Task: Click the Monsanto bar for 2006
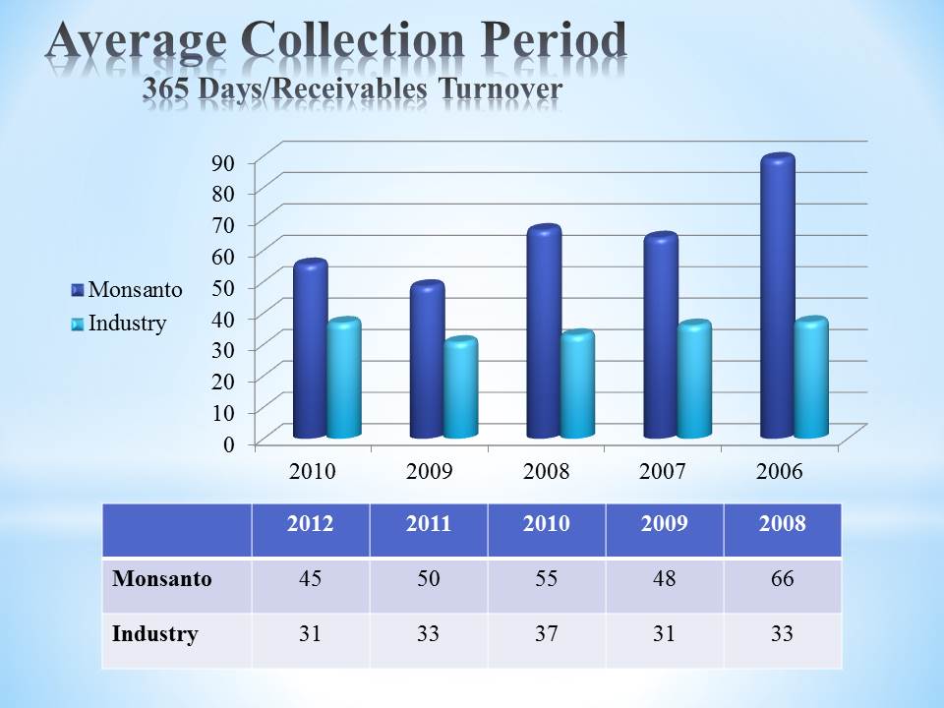[x=777, y=300]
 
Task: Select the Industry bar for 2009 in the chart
[x=459, y=388]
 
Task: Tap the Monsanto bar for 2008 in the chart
[x=543, y=334]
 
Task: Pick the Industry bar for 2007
[x=693, y=382]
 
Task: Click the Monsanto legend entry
[x=127, y=290]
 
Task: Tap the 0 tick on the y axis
[x=229, y=443]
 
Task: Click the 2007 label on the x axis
[x=664, y=471]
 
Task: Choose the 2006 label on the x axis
[x=780, y=471]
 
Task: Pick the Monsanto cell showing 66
[x=782, y=579]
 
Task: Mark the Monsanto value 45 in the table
[x=310, y=579]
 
